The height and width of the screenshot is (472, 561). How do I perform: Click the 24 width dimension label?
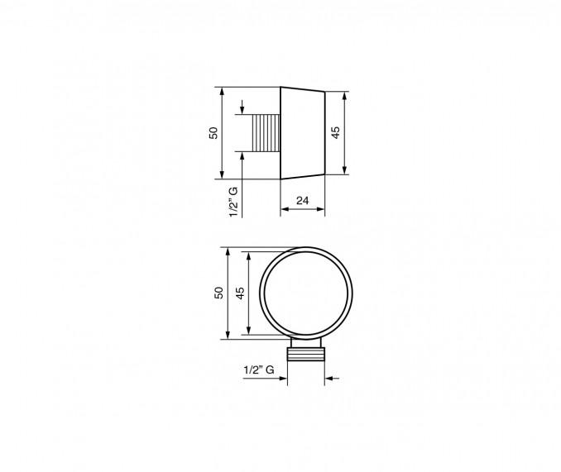(302, 200)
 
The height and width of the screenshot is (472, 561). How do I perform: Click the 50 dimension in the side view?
(213, 133)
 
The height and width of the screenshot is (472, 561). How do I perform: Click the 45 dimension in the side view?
(336, 132)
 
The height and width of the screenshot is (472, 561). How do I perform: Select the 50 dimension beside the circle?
(218, 293)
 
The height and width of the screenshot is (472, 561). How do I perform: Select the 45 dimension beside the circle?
(241, 293)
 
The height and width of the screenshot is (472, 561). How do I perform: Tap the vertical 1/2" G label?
(233, 202)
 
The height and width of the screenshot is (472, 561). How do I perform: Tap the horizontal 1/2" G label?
(259, 369)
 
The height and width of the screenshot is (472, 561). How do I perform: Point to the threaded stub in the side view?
(266, 133)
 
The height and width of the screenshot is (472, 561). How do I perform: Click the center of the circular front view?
(306, 293)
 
